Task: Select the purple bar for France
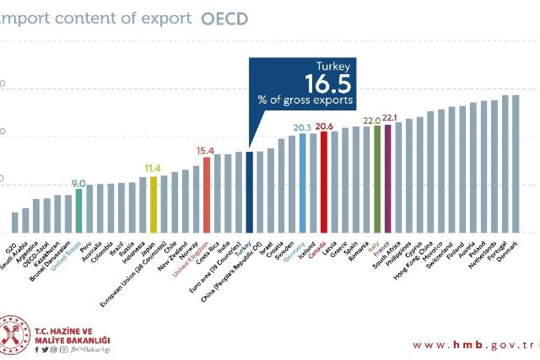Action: (388, 178)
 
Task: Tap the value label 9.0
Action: (78, 182)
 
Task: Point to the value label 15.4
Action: (206, 151)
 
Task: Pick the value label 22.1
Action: (390, 118)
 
